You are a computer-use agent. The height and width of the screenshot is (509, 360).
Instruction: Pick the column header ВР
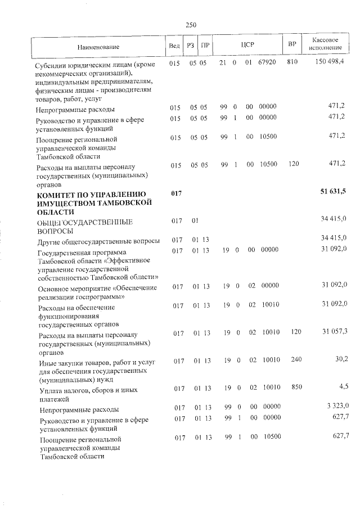[x=291, y=45]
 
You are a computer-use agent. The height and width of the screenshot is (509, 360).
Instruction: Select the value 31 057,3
[x=334, y=332]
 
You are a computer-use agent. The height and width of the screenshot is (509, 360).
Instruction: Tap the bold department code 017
[x=177, y=193]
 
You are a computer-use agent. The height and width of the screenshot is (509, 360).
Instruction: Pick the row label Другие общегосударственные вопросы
[x=98, y=241]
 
